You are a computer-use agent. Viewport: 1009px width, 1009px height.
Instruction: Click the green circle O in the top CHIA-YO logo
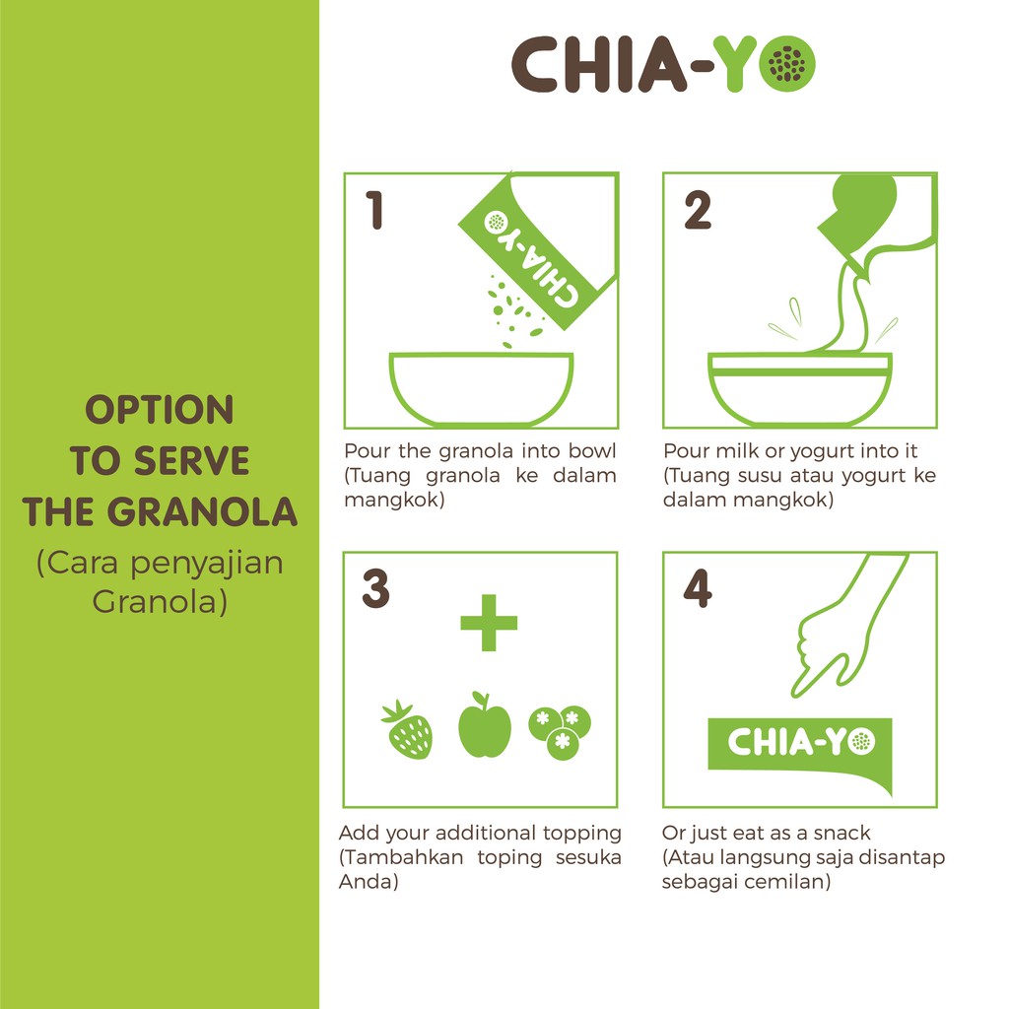point(787,65)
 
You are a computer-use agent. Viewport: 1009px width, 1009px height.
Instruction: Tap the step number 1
point(374,211)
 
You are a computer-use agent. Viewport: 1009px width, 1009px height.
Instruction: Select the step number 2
point(697,211)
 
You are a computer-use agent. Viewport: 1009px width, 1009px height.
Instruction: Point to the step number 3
point(375,589)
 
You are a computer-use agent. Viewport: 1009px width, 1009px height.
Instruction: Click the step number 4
point(698,589)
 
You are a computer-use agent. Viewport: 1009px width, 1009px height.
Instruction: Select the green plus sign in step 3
point(489,622)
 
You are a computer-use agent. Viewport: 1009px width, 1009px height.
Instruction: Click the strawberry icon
point(407,730)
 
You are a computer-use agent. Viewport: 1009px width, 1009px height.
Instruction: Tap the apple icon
point(485,727)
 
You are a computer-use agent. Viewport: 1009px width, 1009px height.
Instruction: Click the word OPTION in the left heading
point(160,410)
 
